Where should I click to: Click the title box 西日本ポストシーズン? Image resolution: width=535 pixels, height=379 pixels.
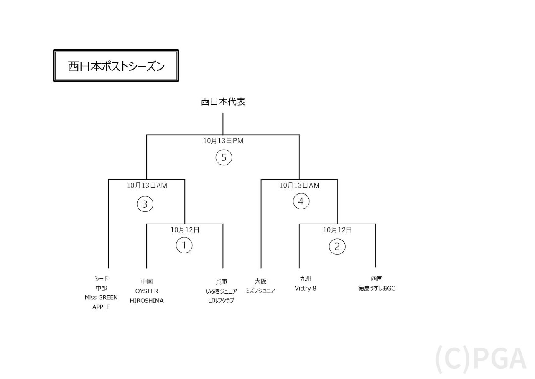(x=116, y=66)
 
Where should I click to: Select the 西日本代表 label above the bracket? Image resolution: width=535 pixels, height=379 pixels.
(x=223, y=102)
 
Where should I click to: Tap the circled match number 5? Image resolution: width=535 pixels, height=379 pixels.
(x=224, y=158)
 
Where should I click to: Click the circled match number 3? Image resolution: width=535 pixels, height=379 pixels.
(x=145, y=204)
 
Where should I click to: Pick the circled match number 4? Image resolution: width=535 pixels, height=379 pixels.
(x=301, y=201)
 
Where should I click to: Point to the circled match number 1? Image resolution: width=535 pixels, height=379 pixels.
(x=184, y=245)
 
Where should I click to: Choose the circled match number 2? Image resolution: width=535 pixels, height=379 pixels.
(x=337, y=246)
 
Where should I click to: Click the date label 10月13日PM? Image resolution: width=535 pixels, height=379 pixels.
(x=223, y=141)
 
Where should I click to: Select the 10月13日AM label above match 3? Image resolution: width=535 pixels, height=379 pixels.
(x=147, y=186)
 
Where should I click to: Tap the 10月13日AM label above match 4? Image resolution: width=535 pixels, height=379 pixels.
(x=299, y=186)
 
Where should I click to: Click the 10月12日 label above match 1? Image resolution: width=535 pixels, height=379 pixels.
(x=185, y=230)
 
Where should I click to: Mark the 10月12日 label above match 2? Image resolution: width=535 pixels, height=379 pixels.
(x=337, y=230)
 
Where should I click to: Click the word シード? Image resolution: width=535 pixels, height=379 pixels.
(x=101, y=278)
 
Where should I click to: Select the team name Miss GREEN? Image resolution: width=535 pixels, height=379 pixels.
(x=101, y=298)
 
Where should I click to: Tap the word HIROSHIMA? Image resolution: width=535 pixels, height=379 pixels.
(x=147, y=301)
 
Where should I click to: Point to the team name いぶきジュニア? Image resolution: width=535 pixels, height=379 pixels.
(x=222, y=291)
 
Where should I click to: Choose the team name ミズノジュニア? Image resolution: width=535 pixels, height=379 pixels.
(x=260, y=291)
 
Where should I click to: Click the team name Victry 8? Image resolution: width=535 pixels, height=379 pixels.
(x=306, y=288)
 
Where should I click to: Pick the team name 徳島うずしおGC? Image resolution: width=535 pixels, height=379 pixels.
(x=377, y=288)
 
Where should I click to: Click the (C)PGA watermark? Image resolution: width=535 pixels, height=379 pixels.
(x=481, y=359)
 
